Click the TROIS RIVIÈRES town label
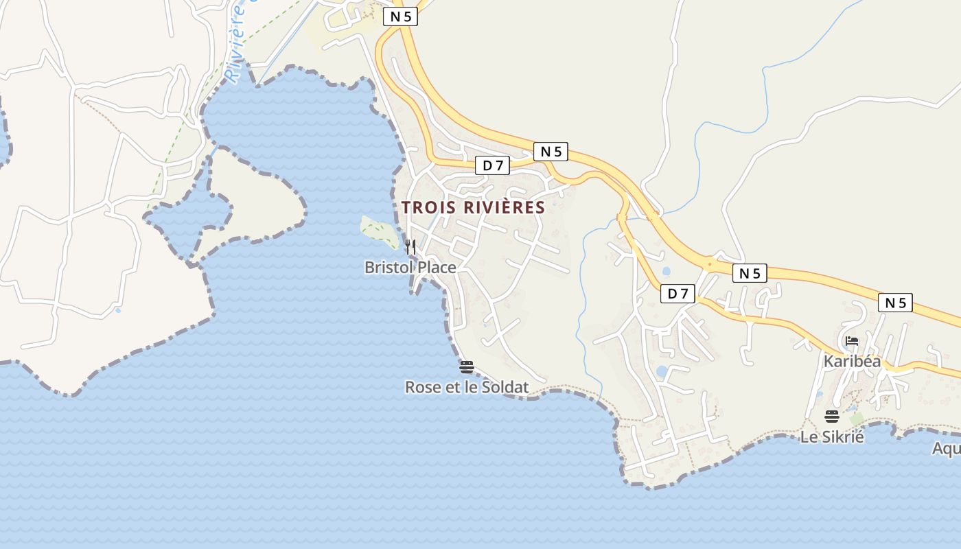click(x=473, y=207)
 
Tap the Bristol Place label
click(x=410, y=267)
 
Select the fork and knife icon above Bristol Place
click(x=410, y=246)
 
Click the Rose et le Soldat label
click(x=467, y=387)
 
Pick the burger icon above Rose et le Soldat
click(x=467, y=366)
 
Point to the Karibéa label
click(x=852, y=361)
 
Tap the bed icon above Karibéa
click(x=852, y=340)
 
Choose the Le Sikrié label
click(x=832, y=436)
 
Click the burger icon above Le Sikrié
click(x=832, y=416)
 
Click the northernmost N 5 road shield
click(x=400, y=16)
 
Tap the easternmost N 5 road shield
click(x=895, y=303)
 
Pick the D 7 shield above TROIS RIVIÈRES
click(x=493, y=165)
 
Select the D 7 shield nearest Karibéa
click(x=678, y=294)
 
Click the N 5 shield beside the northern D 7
click(x=551, y=152)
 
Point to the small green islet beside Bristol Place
click(x=378, y=231)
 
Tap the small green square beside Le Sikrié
click(x=856, y=419)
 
